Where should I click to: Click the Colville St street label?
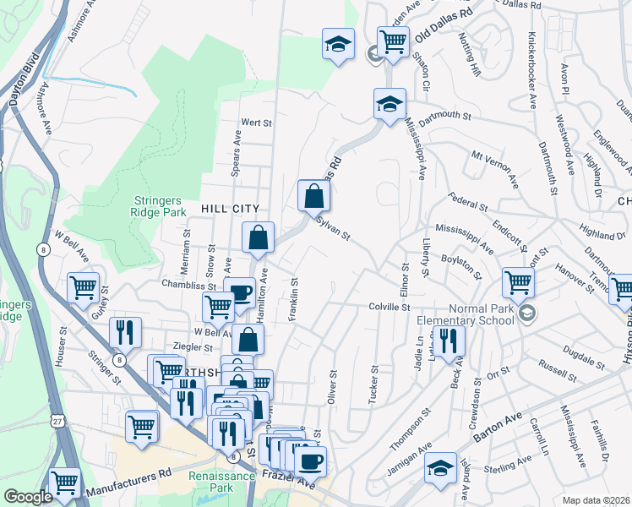click(x=389, y=307)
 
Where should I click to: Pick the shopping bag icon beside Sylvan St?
click(x=313, y=195)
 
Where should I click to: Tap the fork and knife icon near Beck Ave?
click(x=448, y=341)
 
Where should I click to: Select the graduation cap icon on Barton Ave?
click(x=441, y=467)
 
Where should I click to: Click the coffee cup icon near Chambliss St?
click(x=241, y=292)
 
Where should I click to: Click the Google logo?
click(x=28, y=497)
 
